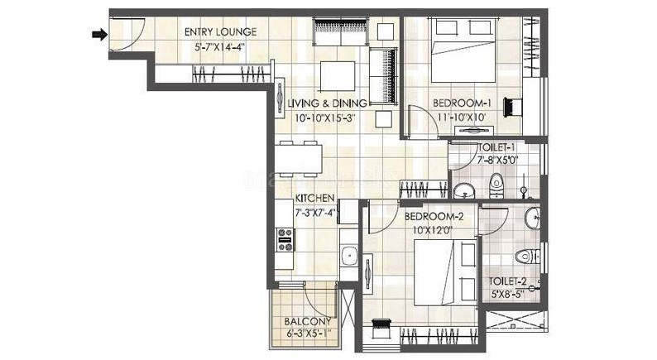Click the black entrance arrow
pyautogui.click(x=99, y=35)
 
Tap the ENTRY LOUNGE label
pyautogui.click(x=220, y=31)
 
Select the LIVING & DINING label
pyautogui.click(x=327, y=103)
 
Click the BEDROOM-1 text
pyautogui.click(x=462, y=103)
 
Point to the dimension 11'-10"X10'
pyautogui.click(x=462, y=118)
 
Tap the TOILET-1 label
pyautogui.click(x=496, y=147)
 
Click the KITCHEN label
pyautogui.click(x=314, y=199)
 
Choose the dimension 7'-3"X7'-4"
pyautogui.click(x=315, y=213)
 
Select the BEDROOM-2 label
pyautogui.click(x=434, y=217)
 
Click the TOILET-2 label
pyautogui.click(x=507, y=281)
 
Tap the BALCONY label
pyautogui.click(x=308, y=321)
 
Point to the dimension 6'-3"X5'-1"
pyautogui.click(x=309, y=334)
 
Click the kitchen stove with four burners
pyautogui.click(x=285, y=240)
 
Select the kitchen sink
pyautogui.click(x=348, y=255)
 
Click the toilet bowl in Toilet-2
pyautogui.click(x=527, y=256)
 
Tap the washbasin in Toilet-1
pyautogui.click(x=463, y=190)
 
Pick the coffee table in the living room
pyautogui.click(x=338, y=76)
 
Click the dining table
pyautogui.click(x=299, y=159)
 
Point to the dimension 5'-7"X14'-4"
pyautogui.click(x=219, y=46)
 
